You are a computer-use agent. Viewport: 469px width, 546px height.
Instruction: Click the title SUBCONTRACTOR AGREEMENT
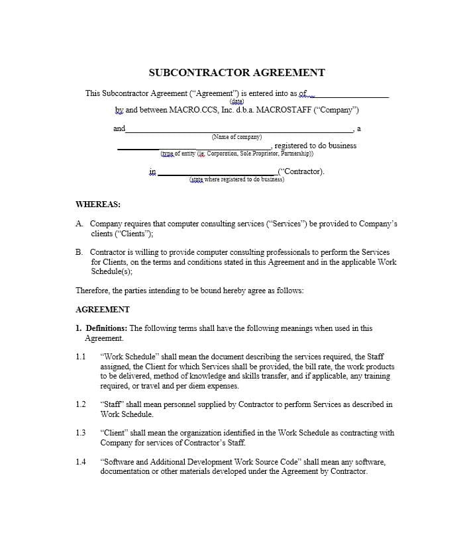(x=236, y=73)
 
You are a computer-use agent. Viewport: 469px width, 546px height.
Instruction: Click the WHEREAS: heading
(x=98, y=205)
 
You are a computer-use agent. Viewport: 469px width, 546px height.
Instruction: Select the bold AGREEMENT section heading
(x=103, y=309)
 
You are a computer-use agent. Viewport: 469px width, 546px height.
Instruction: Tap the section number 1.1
(x=81, y=357)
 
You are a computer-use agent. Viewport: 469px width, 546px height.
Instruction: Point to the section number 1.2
(x=81, y=404)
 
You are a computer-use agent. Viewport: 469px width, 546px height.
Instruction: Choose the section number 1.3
(x=81, y=433)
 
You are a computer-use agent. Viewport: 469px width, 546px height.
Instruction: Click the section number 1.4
(x=81, y=462)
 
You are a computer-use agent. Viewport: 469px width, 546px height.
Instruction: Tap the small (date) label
(x=236, y=101)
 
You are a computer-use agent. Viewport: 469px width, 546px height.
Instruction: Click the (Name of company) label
(x=236, y=137)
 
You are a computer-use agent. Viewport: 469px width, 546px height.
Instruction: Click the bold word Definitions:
(x=107, y=328)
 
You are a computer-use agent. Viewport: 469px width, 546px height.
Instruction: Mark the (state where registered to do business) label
(x=236, y=179)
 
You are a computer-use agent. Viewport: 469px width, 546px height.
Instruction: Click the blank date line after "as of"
(x=351, y=95)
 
